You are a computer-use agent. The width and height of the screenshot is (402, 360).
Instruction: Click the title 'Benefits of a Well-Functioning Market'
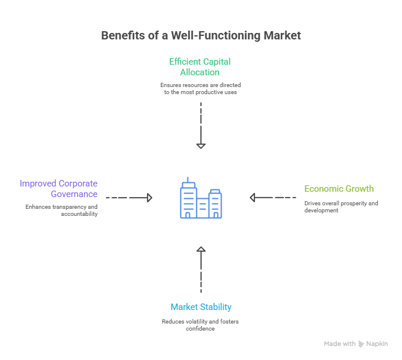pyautogui.click(x=201, y=35)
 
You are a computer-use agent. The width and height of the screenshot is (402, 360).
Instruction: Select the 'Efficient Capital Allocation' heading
pyautogui.click(x=200, y=66)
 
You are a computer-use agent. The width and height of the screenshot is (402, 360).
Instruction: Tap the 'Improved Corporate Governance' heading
pyautogui.click(x=58, y=189)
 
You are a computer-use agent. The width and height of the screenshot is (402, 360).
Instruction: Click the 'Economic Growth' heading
pyautogui.click(x=339, y=189)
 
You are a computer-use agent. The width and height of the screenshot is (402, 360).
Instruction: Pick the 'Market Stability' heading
pyautogui.click(x=201, y=307)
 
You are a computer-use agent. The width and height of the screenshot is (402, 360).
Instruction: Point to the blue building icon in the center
pyautogui.click(x=200, y=200)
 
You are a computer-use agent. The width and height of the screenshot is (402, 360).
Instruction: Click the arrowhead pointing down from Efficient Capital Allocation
pyautogui.click(x=201, y=145)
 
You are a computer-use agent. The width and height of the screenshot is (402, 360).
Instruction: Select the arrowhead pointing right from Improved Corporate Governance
pyautogui.click(x=149, y=198)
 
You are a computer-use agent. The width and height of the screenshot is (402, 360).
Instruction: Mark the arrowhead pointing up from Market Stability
pyautogui.click(x=201, y=251)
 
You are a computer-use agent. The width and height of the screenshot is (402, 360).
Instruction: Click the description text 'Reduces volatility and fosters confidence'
pyautogui.click(x=200, y=325)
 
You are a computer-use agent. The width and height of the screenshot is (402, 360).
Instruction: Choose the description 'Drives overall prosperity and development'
pyautogui.click(x=341, y=206)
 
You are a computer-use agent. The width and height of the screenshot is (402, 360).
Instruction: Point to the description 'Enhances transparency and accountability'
pyautogui.click(x=61, y=211)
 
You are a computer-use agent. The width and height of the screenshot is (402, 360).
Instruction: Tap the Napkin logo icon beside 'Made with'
pyautogui.click(x=361, y=344)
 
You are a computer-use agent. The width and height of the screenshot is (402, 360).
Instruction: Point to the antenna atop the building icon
pyautogui.click(x=188, y=179)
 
